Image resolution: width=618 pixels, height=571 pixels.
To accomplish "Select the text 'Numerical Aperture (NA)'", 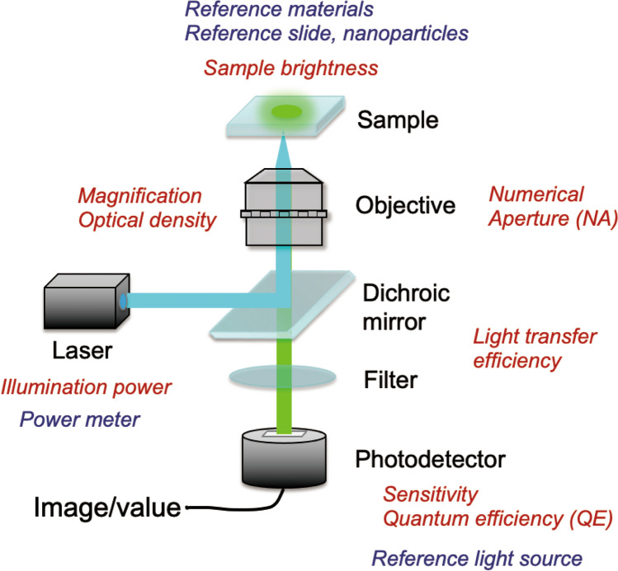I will point(537,207).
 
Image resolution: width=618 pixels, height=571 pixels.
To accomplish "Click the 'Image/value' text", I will point(106,508).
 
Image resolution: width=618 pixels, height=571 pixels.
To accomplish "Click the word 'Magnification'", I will point(140,196).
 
